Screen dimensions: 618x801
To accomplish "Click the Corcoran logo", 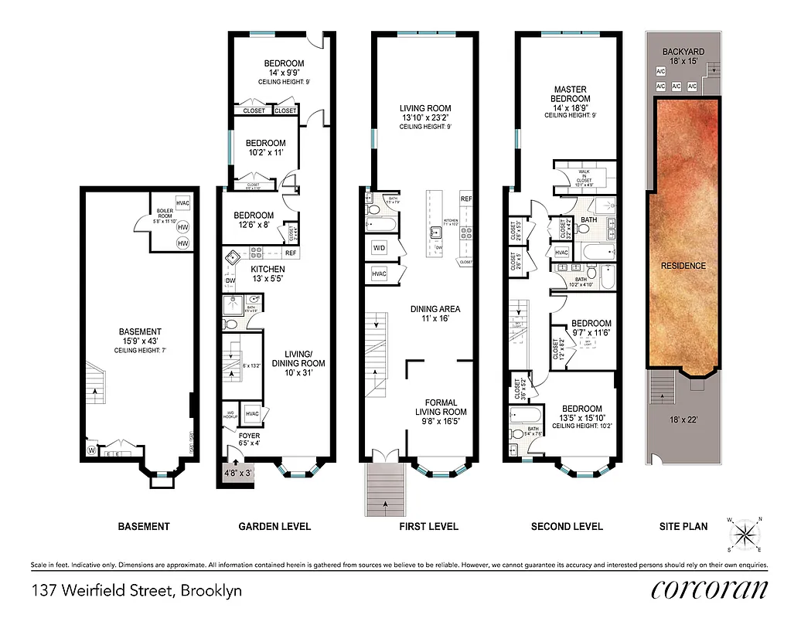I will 709,590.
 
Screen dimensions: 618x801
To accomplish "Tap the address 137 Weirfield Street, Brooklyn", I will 137,592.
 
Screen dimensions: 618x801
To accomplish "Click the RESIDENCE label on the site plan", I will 684,266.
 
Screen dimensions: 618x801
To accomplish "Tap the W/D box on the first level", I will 380,248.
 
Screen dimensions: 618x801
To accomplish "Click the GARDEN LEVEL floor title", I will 274,527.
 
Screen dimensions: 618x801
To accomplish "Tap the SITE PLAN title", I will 683,527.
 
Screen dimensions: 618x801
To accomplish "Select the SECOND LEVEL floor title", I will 567,527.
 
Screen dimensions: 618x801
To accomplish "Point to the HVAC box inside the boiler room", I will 183,203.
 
